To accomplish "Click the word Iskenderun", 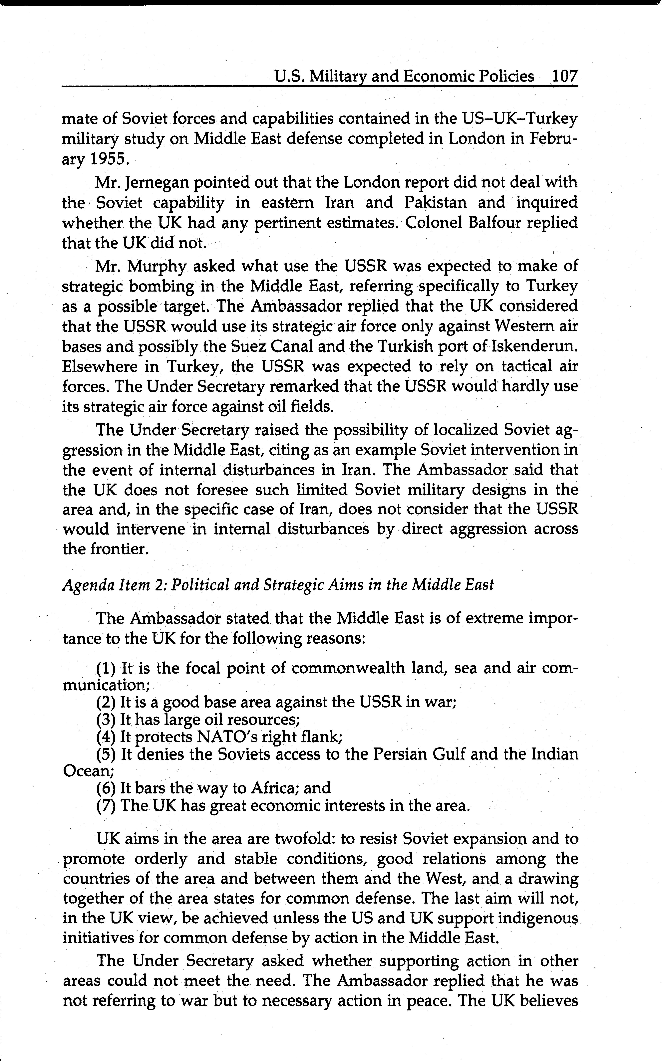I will pos(534,346).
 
